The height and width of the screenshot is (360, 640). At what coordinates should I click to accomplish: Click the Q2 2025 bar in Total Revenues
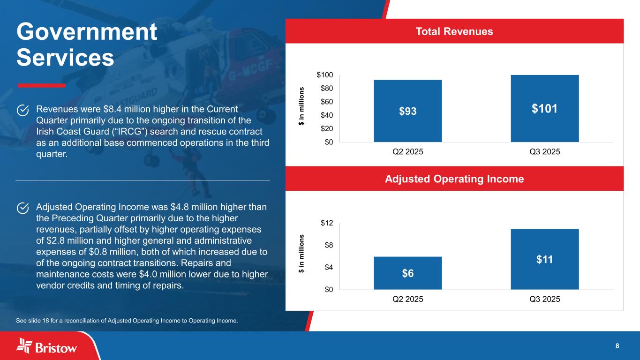tap(407, 111)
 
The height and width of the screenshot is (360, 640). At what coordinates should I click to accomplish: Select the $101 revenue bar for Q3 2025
tap(544, 109)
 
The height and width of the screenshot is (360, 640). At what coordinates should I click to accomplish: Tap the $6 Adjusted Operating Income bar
tap(407, 273)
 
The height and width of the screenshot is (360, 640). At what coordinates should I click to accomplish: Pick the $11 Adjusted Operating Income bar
tap(544, 259)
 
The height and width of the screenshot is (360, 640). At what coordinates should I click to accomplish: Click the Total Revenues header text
tap(454, 31)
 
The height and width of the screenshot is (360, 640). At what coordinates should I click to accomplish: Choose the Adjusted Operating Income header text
tap(454, 179)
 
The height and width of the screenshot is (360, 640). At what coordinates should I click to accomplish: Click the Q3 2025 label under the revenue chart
tap(544, 152)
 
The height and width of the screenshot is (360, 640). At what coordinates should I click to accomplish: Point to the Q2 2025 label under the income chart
tap(407, 299)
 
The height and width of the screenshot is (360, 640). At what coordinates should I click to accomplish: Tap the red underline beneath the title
tap(41, 85)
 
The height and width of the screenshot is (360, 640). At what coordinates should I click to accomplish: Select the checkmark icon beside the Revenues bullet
tap(23, 110)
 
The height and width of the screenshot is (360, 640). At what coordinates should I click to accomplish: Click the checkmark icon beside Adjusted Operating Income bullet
tap(23, 208)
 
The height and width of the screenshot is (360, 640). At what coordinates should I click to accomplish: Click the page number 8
tap(617, 346)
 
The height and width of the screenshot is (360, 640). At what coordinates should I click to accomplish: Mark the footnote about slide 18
tap(127, 321)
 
